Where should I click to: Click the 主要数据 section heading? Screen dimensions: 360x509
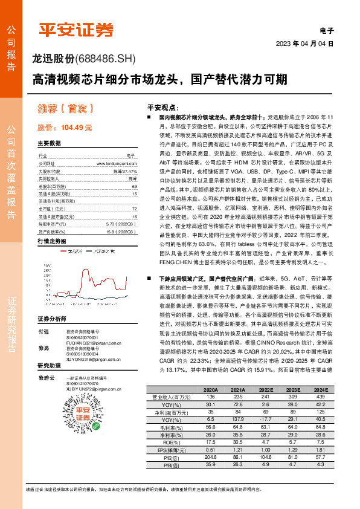tap(50, 144)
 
